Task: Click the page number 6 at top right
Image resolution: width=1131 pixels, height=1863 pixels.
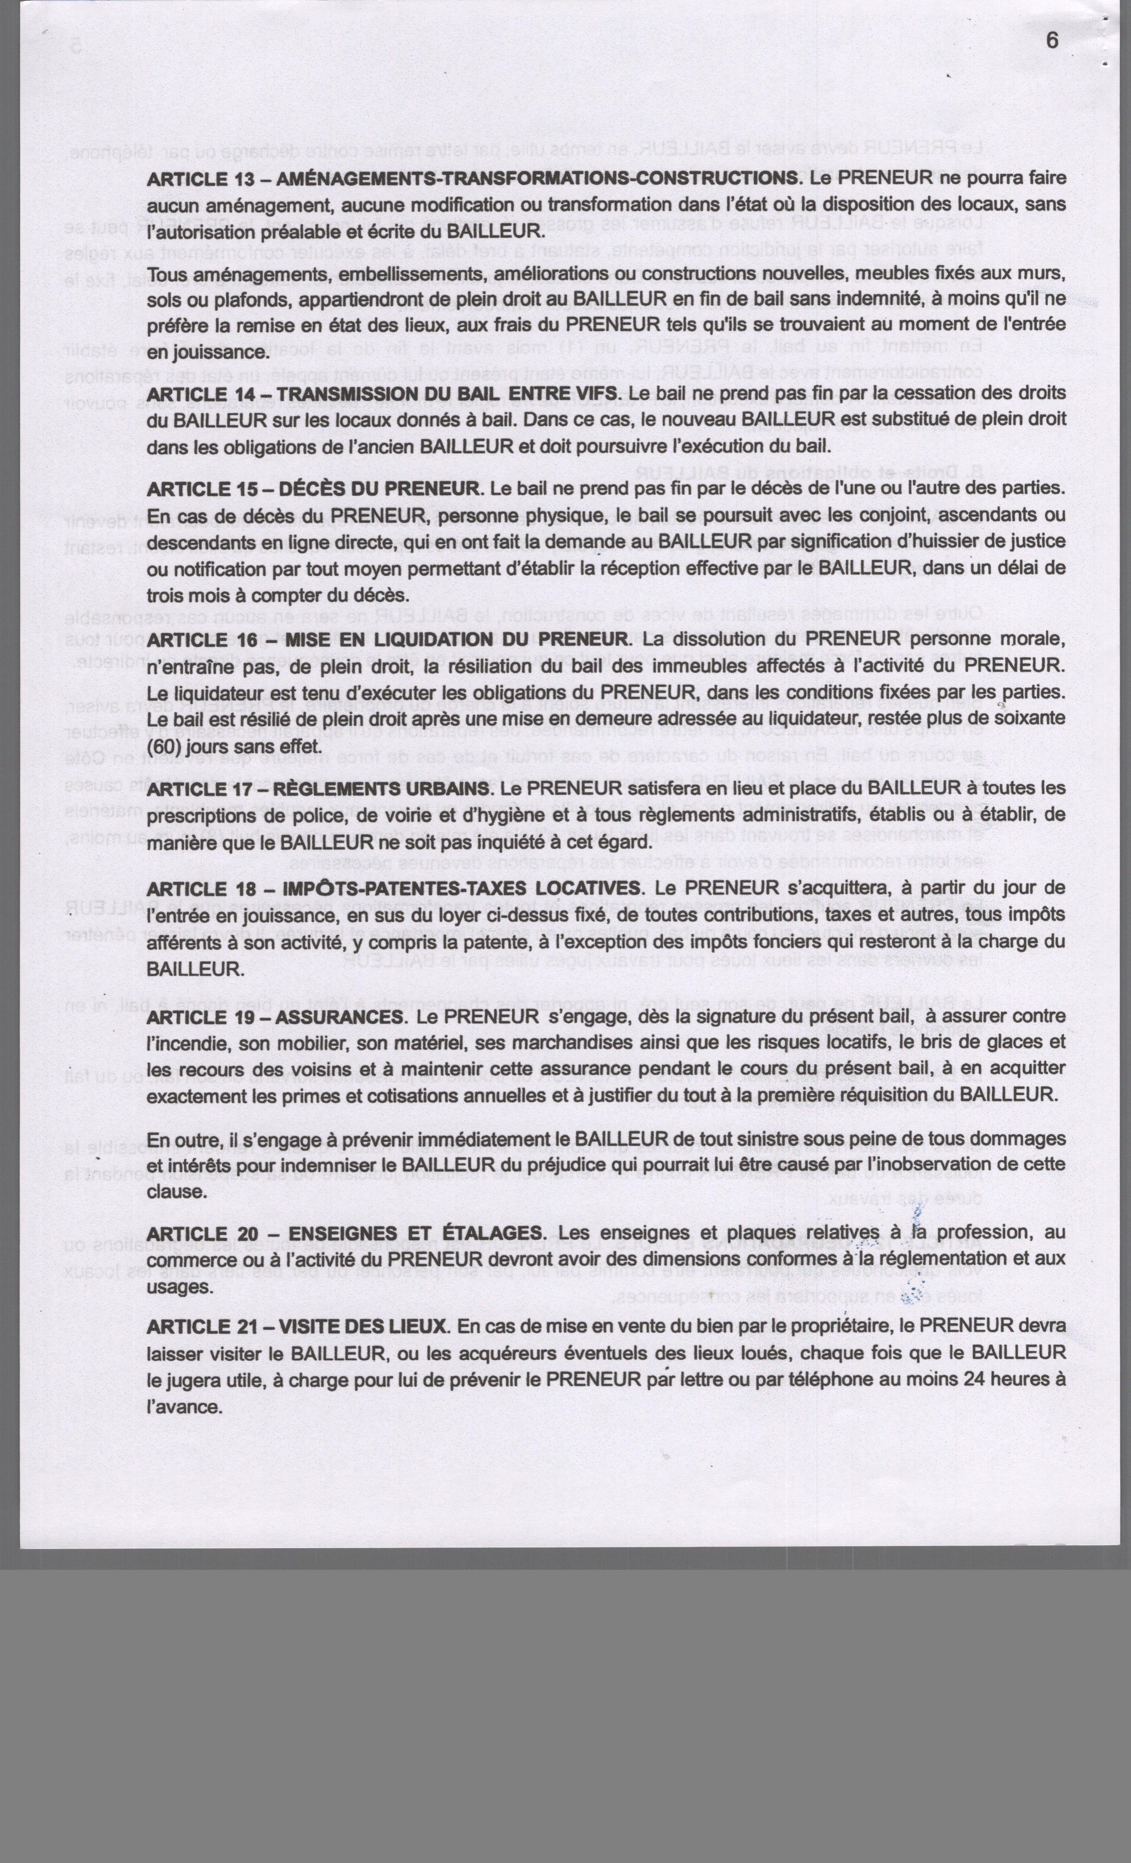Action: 1052,41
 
